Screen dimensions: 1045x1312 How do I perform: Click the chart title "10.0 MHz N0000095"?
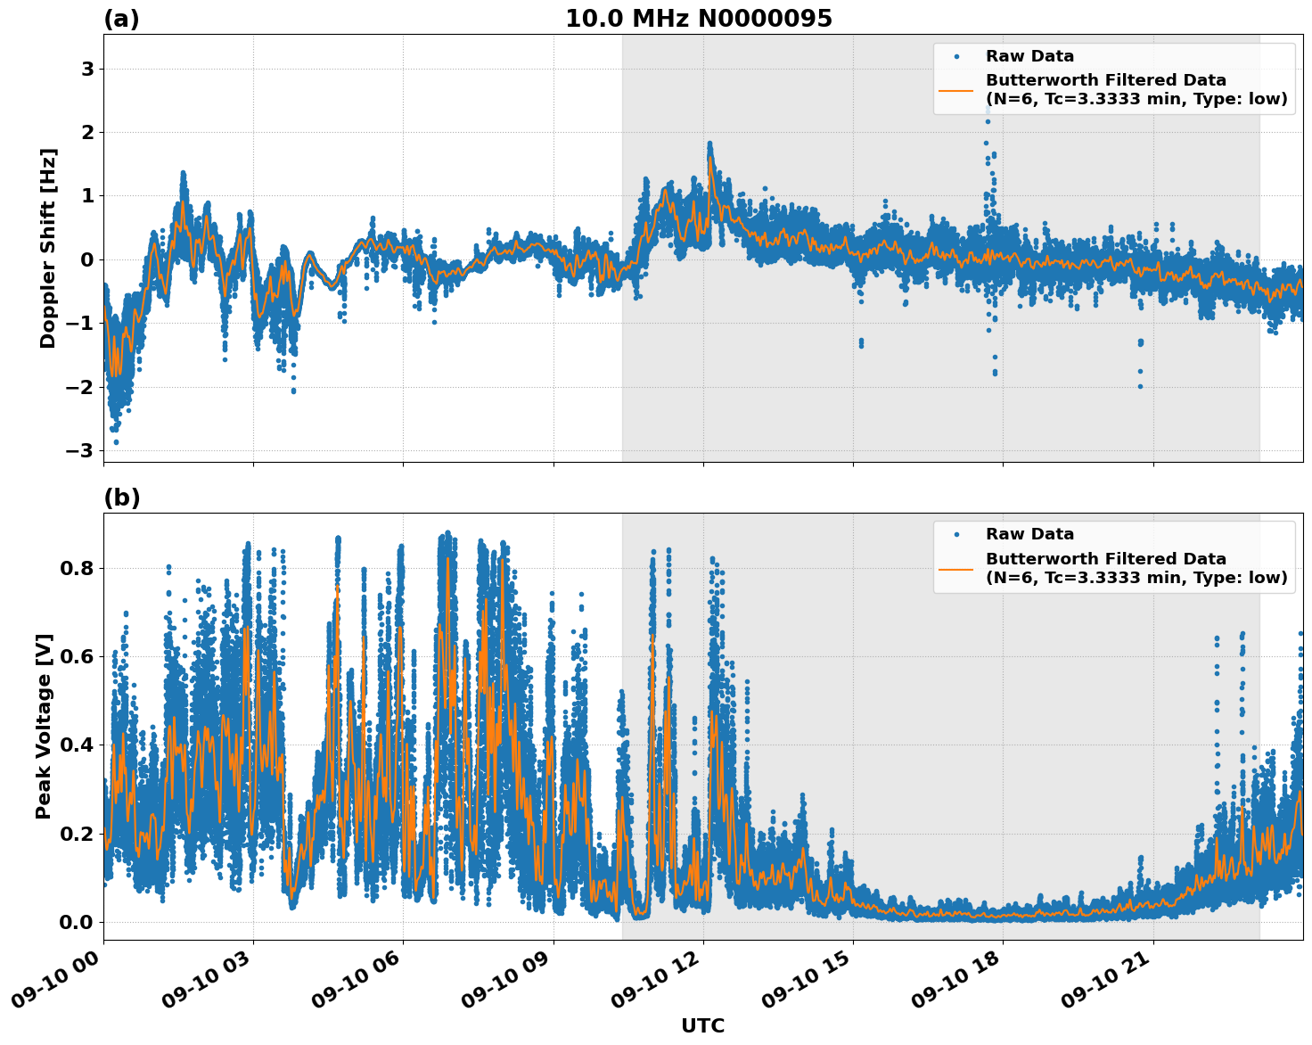698,19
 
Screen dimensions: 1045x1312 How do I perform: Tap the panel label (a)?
121,19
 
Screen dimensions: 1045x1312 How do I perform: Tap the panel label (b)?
121,498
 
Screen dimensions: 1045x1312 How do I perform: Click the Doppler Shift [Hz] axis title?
48,248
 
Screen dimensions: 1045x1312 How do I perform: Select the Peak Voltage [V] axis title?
44,726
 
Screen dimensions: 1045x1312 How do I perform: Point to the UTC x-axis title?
702,1025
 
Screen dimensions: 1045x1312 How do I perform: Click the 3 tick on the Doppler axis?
87,70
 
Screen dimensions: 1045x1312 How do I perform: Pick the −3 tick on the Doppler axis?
79,450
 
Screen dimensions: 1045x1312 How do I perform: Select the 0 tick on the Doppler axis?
87,259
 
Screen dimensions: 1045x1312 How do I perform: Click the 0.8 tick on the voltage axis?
77,568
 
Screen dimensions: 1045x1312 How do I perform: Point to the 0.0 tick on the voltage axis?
77,922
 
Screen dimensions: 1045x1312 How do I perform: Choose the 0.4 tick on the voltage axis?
77,745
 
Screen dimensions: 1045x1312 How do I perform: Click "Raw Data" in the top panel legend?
1029,56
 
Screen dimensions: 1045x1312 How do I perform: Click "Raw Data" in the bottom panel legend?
1029,534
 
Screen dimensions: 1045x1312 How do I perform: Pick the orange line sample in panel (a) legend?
955,89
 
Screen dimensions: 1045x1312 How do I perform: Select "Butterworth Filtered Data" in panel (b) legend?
1105,559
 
